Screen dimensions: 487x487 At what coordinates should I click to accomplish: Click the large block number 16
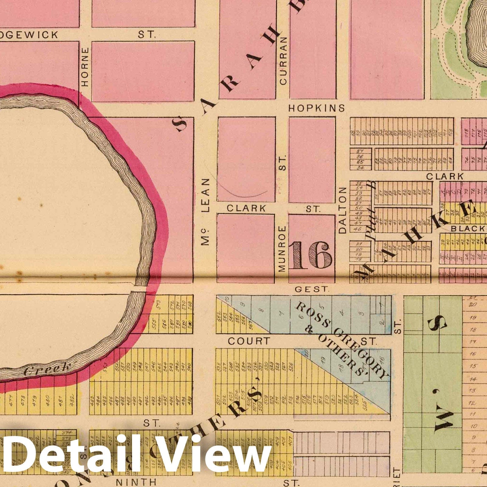point(311,255)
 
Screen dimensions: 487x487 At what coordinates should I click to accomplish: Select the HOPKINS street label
point(317,108)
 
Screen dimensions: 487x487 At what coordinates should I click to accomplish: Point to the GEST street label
point(312,289)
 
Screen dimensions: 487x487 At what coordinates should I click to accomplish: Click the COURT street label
point(249,341)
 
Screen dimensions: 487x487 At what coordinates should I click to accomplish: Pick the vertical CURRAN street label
point(283,61)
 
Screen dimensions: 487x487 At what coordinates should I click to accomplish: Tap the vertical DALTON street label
point(343,210)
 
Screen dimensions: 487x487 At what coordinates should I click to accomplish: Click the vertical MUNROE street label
point(282,249)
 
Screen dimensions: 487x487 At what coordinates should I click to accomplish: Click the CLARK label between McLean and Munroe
point(246,208)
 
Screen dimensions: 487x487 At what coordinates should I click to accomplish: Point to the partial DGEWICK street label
point(29,35)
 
